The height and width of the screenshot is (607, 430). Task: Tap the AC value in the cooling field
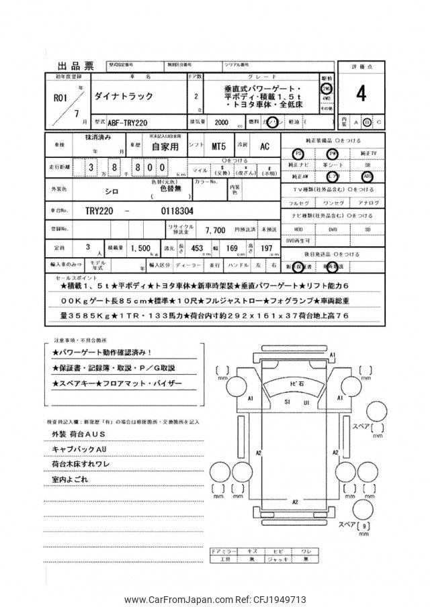(265, 146)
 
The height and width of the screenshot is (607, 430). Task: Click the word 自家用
(165, 146)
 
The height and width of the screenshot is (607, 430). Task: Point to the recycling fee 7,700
(215, 229)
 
